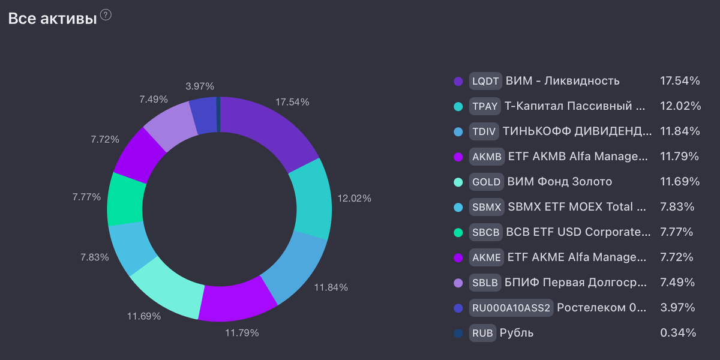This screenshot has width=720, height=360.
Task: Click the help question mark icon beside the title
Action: (106, 16)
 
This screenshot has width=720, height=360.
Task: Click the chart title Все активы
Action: (52, 19)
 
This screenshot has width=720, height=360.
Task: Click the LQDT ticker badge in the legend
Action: (485, 81)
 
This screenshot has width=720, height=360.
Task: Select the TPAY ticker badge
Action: (485, 106)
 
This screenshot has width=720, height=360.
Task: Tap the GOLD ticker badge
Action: (486, 182)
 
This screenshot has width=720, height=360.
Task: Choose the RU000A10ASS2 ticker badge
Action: (511, 308)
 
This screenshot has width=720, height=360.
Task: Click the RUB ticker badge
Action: (482, 333)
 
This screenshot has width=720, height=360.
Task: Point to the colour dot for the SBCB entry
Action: (458, 232)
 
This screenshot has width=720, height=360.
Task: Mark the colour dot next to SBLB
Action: (458, 283)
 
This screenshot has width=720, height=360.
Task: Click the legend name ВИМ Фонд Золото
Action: (559, 182)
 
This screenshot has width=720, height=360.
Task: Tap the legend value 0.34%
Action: (678, 333)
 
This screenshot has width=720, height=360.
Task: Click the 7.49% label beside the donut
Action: (154, 100)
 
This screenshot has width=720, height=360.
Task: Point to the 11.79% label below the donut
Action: (242, 332)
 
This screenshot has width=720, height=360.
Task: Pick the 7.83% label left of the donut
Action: (95, 257)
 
